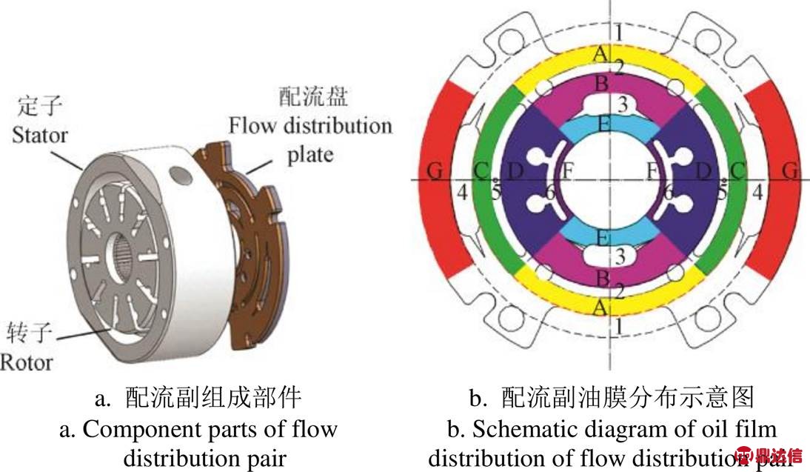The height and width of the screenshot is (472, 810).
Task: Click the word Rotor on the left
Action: (x=27, y=362)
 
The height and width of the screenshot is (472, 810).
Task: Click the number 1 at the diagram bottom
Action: (x=618, y=324)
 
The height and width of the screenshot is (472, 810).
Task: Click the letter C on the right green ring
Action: (x=737, y=170)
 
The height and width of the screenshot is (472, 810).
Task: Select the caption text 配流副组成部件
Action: (x=214, y=398)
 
